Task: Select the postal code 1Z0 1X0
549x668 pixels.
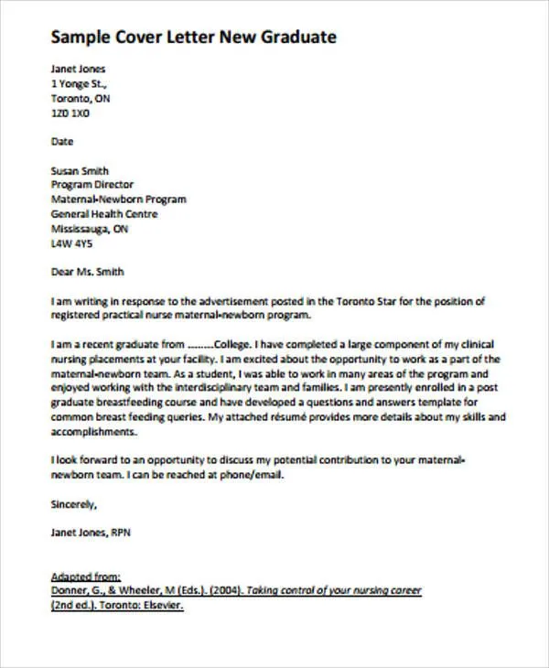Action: point(70,113)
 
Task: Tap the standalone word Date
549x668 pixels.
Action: point(62,142)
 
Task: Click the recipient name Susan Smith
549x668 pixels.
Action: point(80,170)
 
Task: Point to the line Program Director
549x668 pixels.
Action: point(93,185)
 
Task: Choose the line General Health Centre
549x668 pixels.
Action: point(104,214)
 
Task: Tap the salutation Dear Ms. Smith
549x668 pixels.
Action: point(87,272)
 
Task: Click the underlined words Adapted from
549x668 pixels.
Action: point(86,576)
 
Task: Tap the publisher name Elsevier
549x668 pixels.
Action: point(159,606)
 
